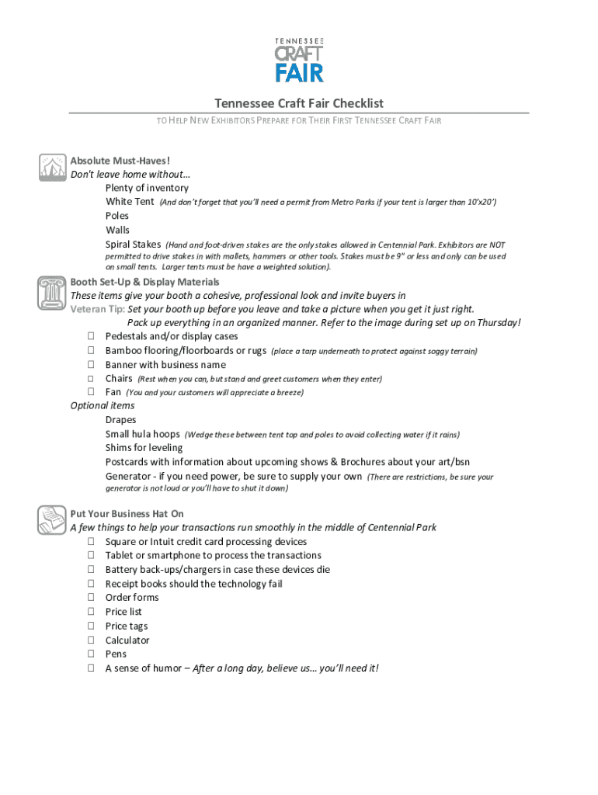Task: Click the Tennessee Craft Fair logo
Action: pos(299,59)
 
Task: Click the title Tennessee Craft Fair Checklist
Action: pos(299,103)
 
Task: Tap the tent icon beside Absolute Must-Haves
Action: pos(52,167)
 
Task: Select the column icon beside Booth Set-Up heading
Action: pos(52,293)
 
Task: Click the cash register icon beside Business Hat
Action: pos(52,518)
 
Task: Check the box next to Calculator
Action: pos(91,641)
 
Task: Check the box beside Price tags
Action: pos(91,627)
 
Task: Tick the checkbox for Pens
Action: pos(91,654)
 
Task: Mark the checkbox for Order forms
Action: pos(91,598)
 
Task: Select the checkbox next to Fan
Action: pos(91,393)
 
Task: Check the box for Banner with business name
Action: pos(91,365)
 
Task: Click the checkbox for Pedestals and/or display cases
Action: pos(91,337)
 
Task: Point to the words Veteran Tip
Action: pos(98,308)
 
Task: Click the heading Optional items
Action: pos(103,406)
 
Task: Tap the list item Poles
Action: pos(117,216)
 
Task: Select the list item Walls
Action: pos(118,230)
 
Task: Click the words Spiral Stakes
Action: pos(133,245)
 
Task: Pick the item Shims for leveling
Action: pos(144,448)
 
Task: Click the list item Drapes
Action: pos(121,420)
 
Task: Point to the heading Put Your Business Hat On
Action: pos(127,513)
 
